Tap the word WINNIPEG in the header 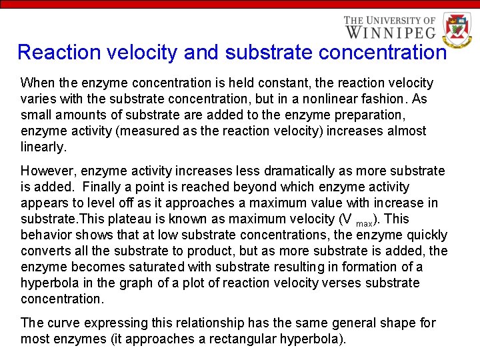pos(390,31)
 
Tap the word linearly pos(43,147)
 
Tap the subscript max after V pos(364,223)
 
